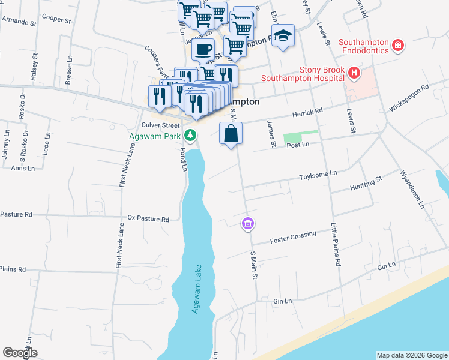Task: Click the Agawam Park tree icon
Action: [x=191, y=134]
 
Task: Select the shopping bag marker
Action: [x=231, y=134]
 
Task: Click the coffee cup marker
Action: [x=203, y=49]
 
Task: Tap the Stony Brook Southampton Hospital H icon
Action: [x=354, y=73]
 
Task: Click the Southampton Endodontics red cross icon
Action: [x=397, y=45]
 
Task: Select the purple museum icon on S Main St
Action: [x=247, y=224]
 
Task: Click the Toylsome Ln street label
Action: [x=319, y=173]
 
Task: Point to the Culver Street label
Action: [x=160, y=125]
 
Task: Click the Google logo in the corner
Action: [x=20, y=353]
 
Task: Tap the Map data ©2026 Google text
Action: [x=412, y=355]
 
